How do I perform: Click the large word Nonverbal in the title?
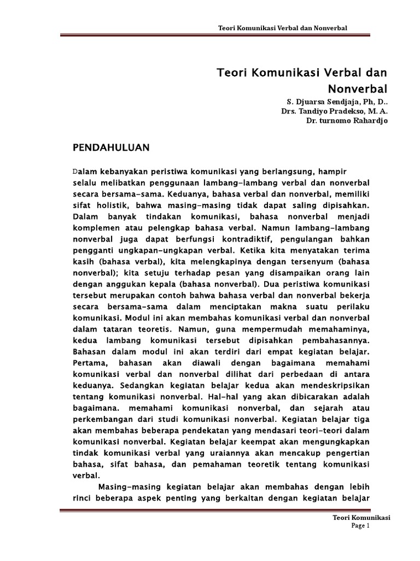tap(358, 88)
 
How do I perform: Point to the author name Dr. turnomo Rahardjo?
tap(346, 121)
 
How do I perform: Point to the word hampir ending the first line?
tap(334, 170)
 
